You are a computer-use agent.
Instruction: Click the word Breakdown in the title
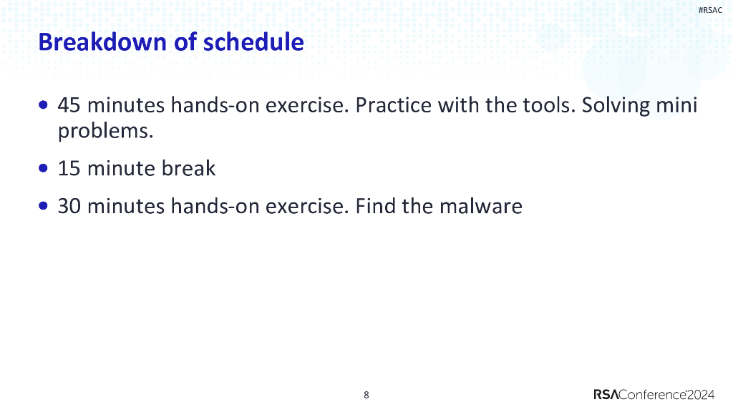[102, 42]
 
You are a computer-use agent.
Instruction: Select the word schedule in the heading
[254, 42]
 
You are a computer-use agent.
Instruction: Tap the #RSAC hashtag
[710, 10]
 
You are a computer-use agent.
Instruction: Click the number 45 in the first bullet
[69, 105]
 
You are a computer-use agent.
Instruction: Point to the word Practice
[394, 105]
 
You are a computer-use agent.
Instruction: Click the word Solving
[616, 106]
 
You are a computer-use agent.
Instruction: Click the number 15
[69, 168]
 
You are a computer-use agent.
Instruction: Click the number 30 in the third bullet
[69, 206]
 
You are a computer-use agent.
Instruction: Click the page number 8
[366, 395]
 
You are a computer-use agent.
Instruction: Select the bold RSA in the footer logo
[606, 395]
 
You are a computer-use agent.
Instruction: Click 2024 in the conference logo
[701, 395]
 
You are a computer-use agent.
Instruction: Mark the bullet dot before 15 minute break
[44, 168]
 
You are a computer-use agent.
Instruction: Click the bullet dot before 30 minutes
[44, 206]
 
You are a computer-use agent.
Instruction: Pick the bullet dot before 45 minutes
[44, 105]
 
